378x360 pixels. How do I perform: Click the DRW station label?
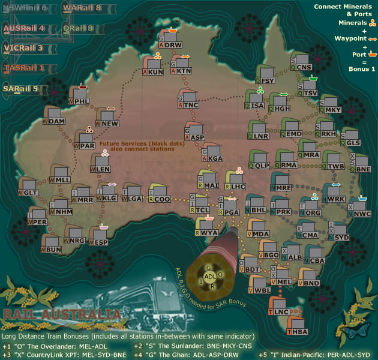pos(174,45)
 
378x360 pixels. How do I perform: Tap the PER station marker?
pos(41,222)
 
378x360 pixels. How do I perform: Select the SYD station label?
pos(341,237)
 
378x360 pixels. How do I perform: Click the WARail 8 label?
pos(82,8)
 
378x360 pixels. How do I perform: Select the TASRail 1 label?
pos(24,68)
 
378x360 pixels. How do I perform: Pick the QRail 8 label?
pos(78,28)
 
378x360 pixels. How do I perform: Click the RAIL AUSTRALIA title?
pos(60,314)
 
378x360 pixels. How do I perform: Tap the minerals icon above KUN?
pos(157,55)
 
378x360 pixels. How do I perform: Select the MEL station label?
pos(285,282)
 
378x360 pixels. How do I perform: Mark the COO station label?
pos(163,199)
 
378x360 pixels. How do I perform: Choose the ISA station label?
pos(258,106)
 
